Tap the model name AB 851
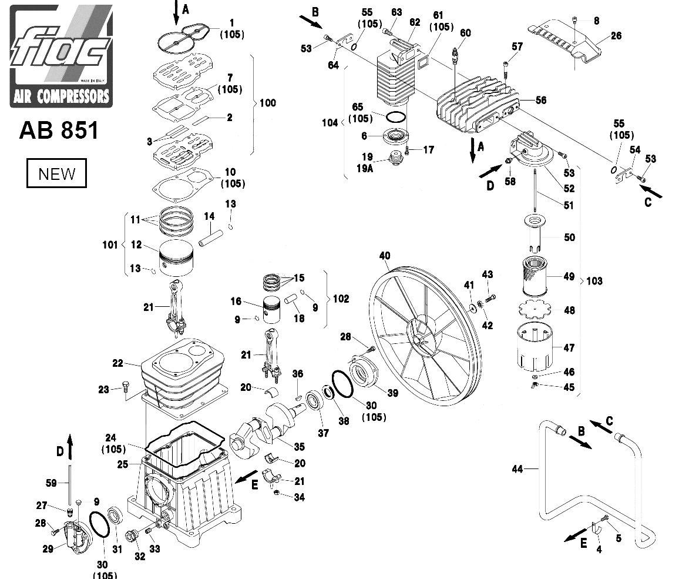[x=59, y=130]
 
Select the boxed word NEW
[x=56, y=174]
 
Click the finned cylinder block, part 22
[x=183, y=373]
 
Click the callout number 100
[x=267, y=103]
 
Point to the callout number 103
[x=594, y=281]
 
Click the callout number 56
[x=540, y=101]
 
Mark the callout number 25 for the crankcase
[x=122, y=464]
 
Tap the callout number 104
[x=330, y=123]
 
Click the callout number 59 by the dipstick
[x=51, y=483]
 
